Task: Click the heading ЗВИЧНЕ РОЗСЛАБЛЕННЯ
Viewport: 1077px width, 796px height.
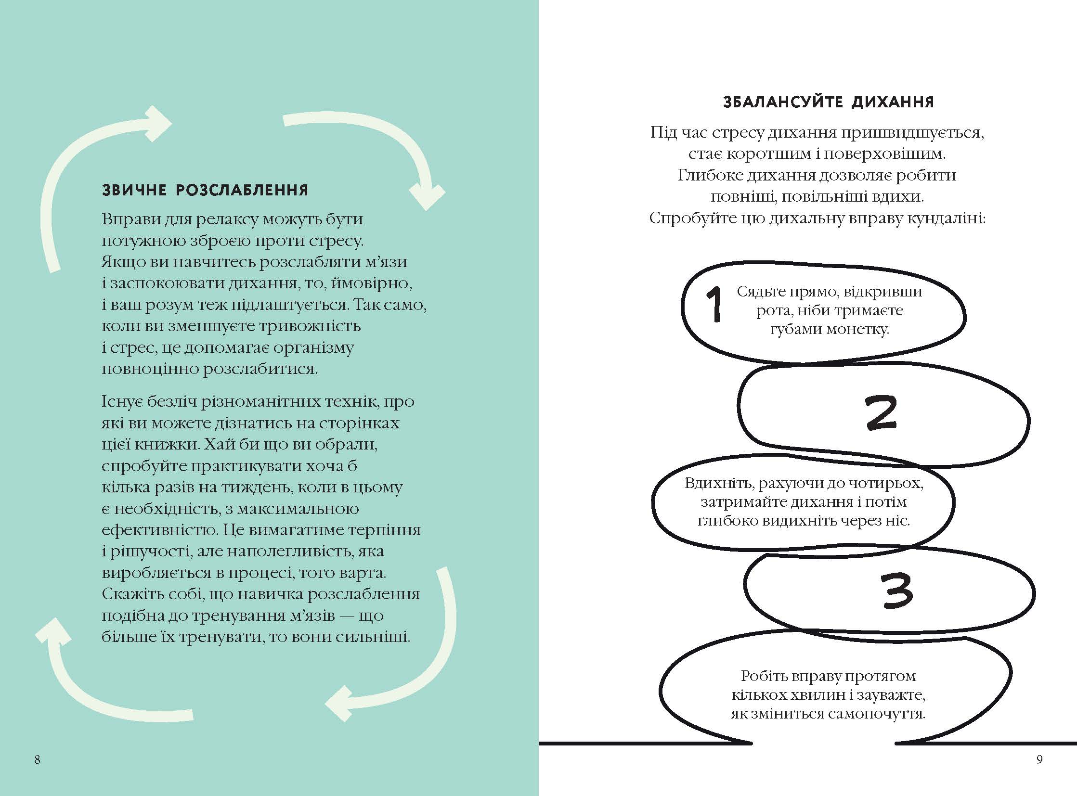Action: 205,190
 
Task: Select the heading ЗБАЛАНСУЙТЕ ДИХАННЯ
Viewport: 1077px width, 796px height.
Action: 828,102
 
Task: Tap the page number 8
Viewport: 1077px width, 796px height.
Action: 37,760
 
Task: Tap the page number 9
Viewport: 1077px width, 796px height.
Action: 1039,760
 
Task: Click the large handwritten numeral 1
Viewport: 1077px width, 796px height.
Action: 714,304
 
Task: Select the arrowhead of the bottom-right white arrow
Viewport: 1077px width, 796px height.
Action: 340,704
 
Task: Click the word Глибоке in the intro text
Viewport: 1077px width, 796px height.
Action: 709,175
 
